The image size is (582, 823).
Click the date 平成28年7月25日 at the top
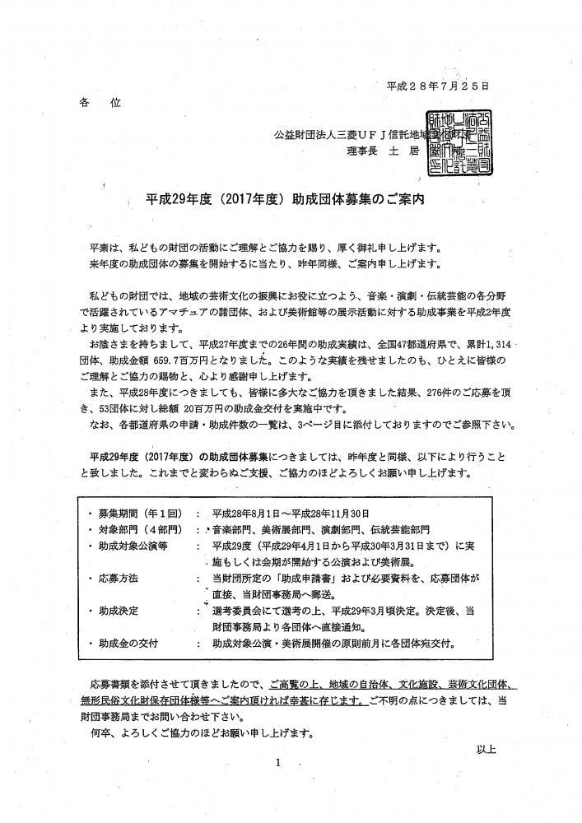pos(438,86)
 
